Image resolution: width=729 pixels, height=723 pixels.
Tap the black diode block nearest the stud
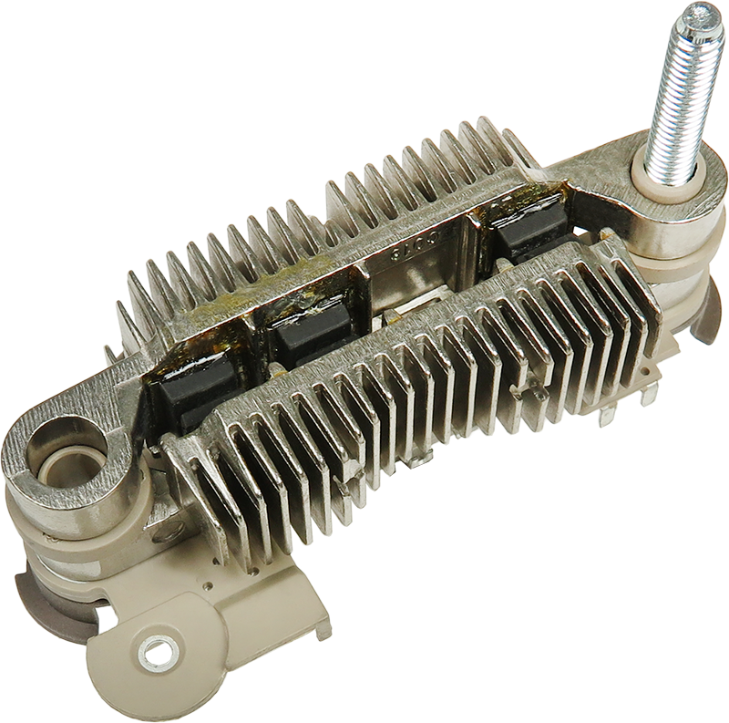pos(529,239)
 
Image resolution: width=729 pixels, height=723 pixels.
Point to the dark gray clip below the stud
pos(705,310)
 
